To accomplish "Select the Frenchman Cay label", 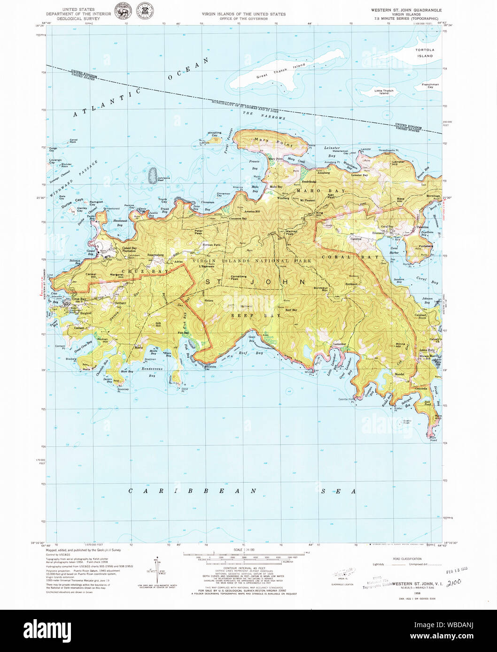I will click(430, 86).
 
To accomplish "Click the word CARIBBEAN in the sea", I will click(193, 491).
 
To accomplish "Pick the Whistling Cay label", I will click(214, 134).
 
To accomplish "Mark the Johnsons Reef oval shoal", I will click(152, 175).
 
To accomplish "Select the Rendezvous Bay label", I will click(152, 371).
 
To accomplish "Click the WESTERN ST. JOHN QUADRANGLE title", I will click(406, 9).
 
